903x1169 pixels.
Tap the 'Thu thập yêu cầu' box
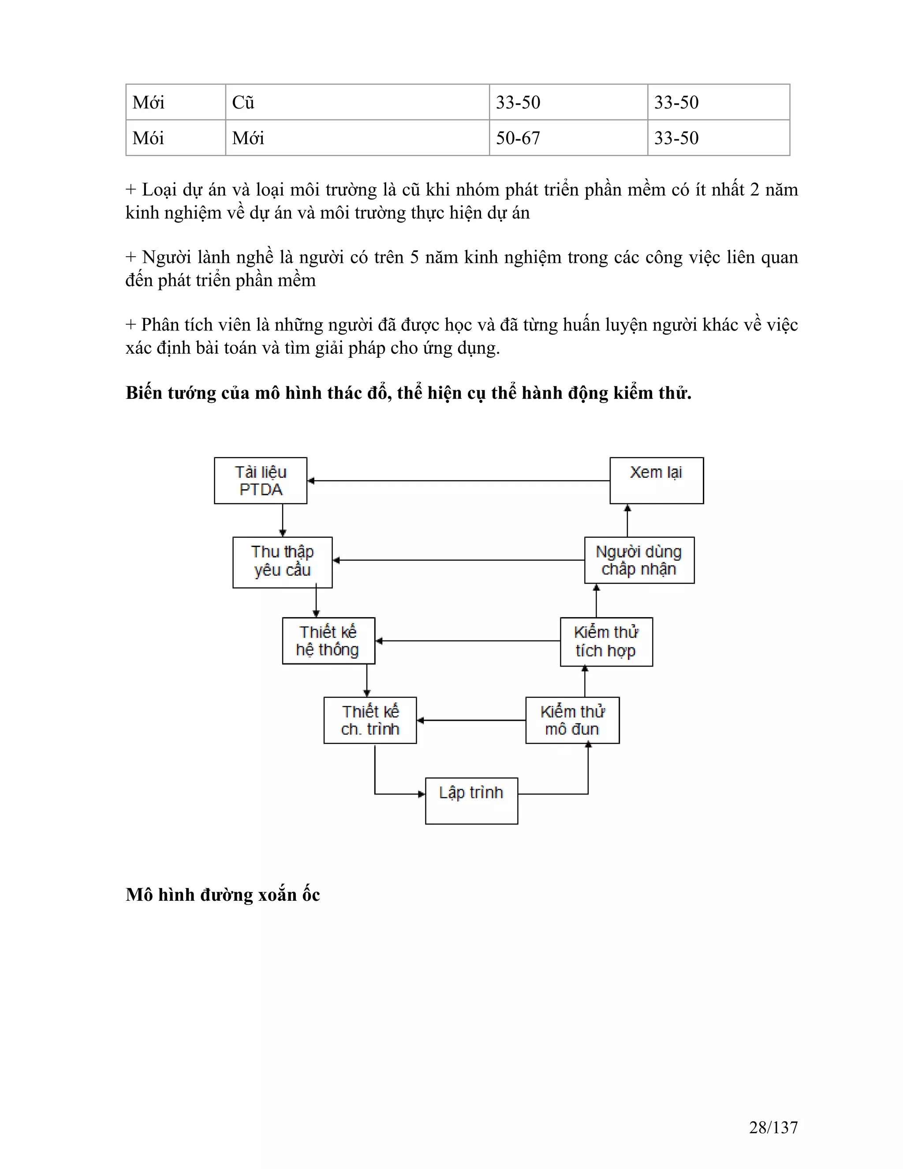(x=283, y=562)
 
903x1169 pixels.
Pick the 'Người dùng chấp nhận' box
(x=639, y=560)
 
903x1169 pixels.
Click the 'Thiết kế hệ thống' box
(x=328, y=641)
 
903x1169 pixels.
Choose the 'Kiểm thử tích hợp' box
(x=606, y=642)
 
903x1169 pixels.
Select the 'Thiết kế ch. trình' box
(x=370, y=720)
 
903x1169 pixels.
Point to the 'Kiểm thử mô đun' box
(x=572, y=720)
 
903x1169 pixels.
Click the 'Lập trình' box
(x=471, y=801)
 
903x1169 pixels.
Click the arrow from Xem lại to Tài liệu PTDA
(x=459, y=481)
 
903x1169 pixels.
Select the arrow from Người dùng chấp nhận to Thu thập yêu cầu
(x=459, y=560)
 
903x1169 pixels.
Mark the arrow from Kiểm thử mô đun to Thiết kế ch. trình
(x=471, y=720)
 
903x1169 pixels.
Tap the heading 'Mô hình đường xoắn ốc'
(x=223, y=895)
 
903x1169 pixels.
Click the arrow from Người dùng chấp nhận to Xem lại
(x=627, y=520)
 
